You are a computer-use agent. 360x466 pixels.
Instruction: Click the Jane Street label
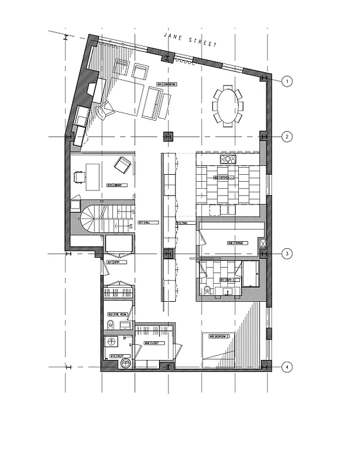(x=190, y=40)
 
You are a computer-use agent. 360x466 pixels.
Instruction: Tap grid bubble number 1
(x=286, y=81)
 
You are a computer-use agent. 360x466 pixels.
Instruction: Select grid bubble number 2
(x=286, y=137)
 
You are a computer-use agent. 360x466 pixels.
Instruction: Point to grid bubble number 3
(x=286, y=254)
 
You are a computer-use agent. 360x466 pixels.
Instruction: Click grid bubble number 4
(x=286, y=367)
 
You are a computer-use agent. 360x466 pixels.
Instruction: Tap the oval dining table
(x=227, y=105)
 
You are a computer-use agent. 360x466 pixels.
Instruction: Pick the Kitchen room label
(x=224, y=177)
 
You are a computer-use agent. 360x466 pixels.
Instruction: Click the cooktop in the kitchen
(x=228, y=158)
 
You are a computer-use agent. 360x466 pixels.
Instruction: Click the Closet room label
(x=153, y=344)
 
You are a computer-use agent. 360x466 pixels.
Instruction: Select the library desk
(x=93, y=175)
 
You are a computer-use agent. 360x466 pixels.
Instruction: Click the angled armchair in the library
(x=122, y=165)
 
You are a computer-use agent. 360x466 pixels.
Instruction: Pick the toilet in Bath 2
(x=207, y=290)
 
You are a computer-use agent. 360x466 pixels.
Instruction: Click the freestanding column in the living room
(x=168, y=137)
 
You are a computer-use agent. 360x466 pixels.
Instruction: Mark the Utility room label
(x=114, y=355)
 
